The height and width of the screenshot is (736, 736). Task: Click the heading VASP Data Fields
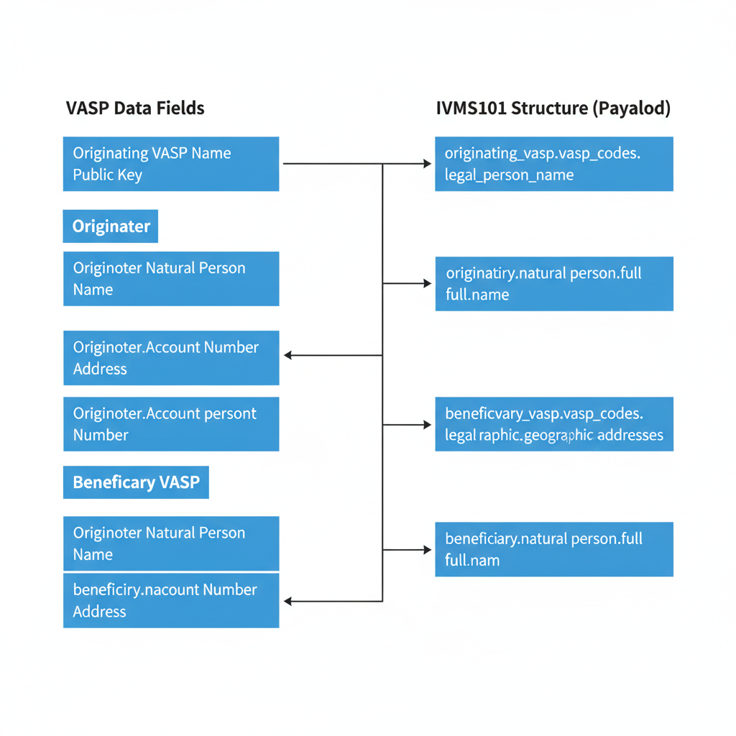[135, 108]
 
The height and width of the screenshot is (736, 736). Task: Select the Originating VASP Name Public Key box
[171, 164]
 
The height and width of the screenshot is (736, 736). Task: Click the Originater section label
[111, 226]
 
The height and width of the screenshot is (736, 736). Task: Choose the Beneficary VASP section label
[136, 482]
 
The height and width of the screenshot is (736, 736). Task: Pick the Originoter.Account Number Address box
[171, 358]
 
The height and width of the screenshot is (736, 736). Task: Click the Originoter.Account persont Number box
[171, 424]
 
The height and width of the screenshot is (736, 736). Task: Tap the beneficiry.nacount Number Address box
[171, 600]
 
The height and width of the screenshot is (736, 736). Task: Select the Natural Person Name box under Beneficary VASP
[171, 543]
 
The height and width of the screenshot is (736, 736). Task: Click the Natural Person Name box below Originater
[171, 279]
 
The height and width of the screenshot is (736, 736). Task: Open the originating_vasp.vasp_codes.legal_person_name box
[554, 164]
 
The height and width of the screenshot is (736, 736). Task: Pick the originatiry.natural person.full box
[554, 284]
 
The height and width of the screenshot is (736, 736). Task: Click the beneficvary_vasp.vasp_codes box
[554, 424]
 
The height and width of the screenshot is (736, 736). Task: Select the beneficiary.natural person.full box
[554, 549]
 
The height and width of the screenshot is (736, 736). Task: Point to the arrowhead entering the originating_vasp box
[427, 164]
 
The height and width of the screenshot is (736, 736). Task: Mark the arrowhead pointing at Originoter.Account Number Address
[287, 355]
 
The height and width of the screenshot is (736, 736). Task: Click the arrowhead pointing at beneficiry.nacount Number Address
[287, 601]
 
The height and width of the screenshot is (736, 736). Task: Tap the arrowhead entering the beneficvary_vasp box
[427, 425]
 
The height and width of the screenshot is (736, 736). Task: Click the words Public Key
[108, 175]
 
